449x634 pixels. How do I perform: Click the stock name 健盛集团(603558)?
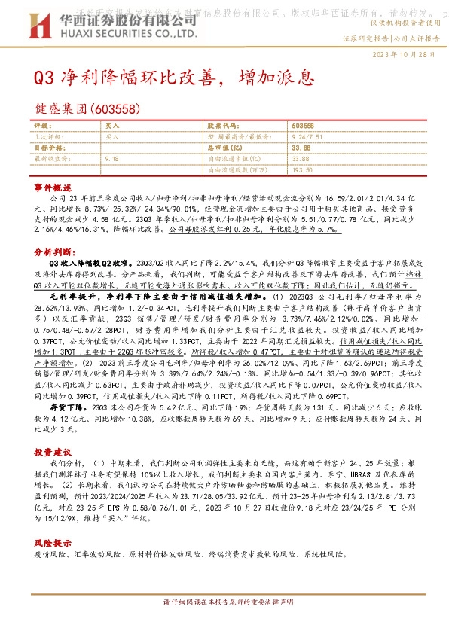87,108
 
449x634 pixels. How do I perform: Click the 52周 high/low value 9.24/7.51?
306,138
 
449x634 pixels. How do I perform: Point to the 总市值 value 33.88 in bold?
301,148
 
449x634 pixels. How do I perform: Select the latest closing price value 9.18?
112,159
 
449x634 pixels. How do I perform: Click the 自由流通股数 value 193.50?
302,170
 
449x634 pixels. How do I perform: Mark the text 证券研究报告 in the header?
366,38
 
